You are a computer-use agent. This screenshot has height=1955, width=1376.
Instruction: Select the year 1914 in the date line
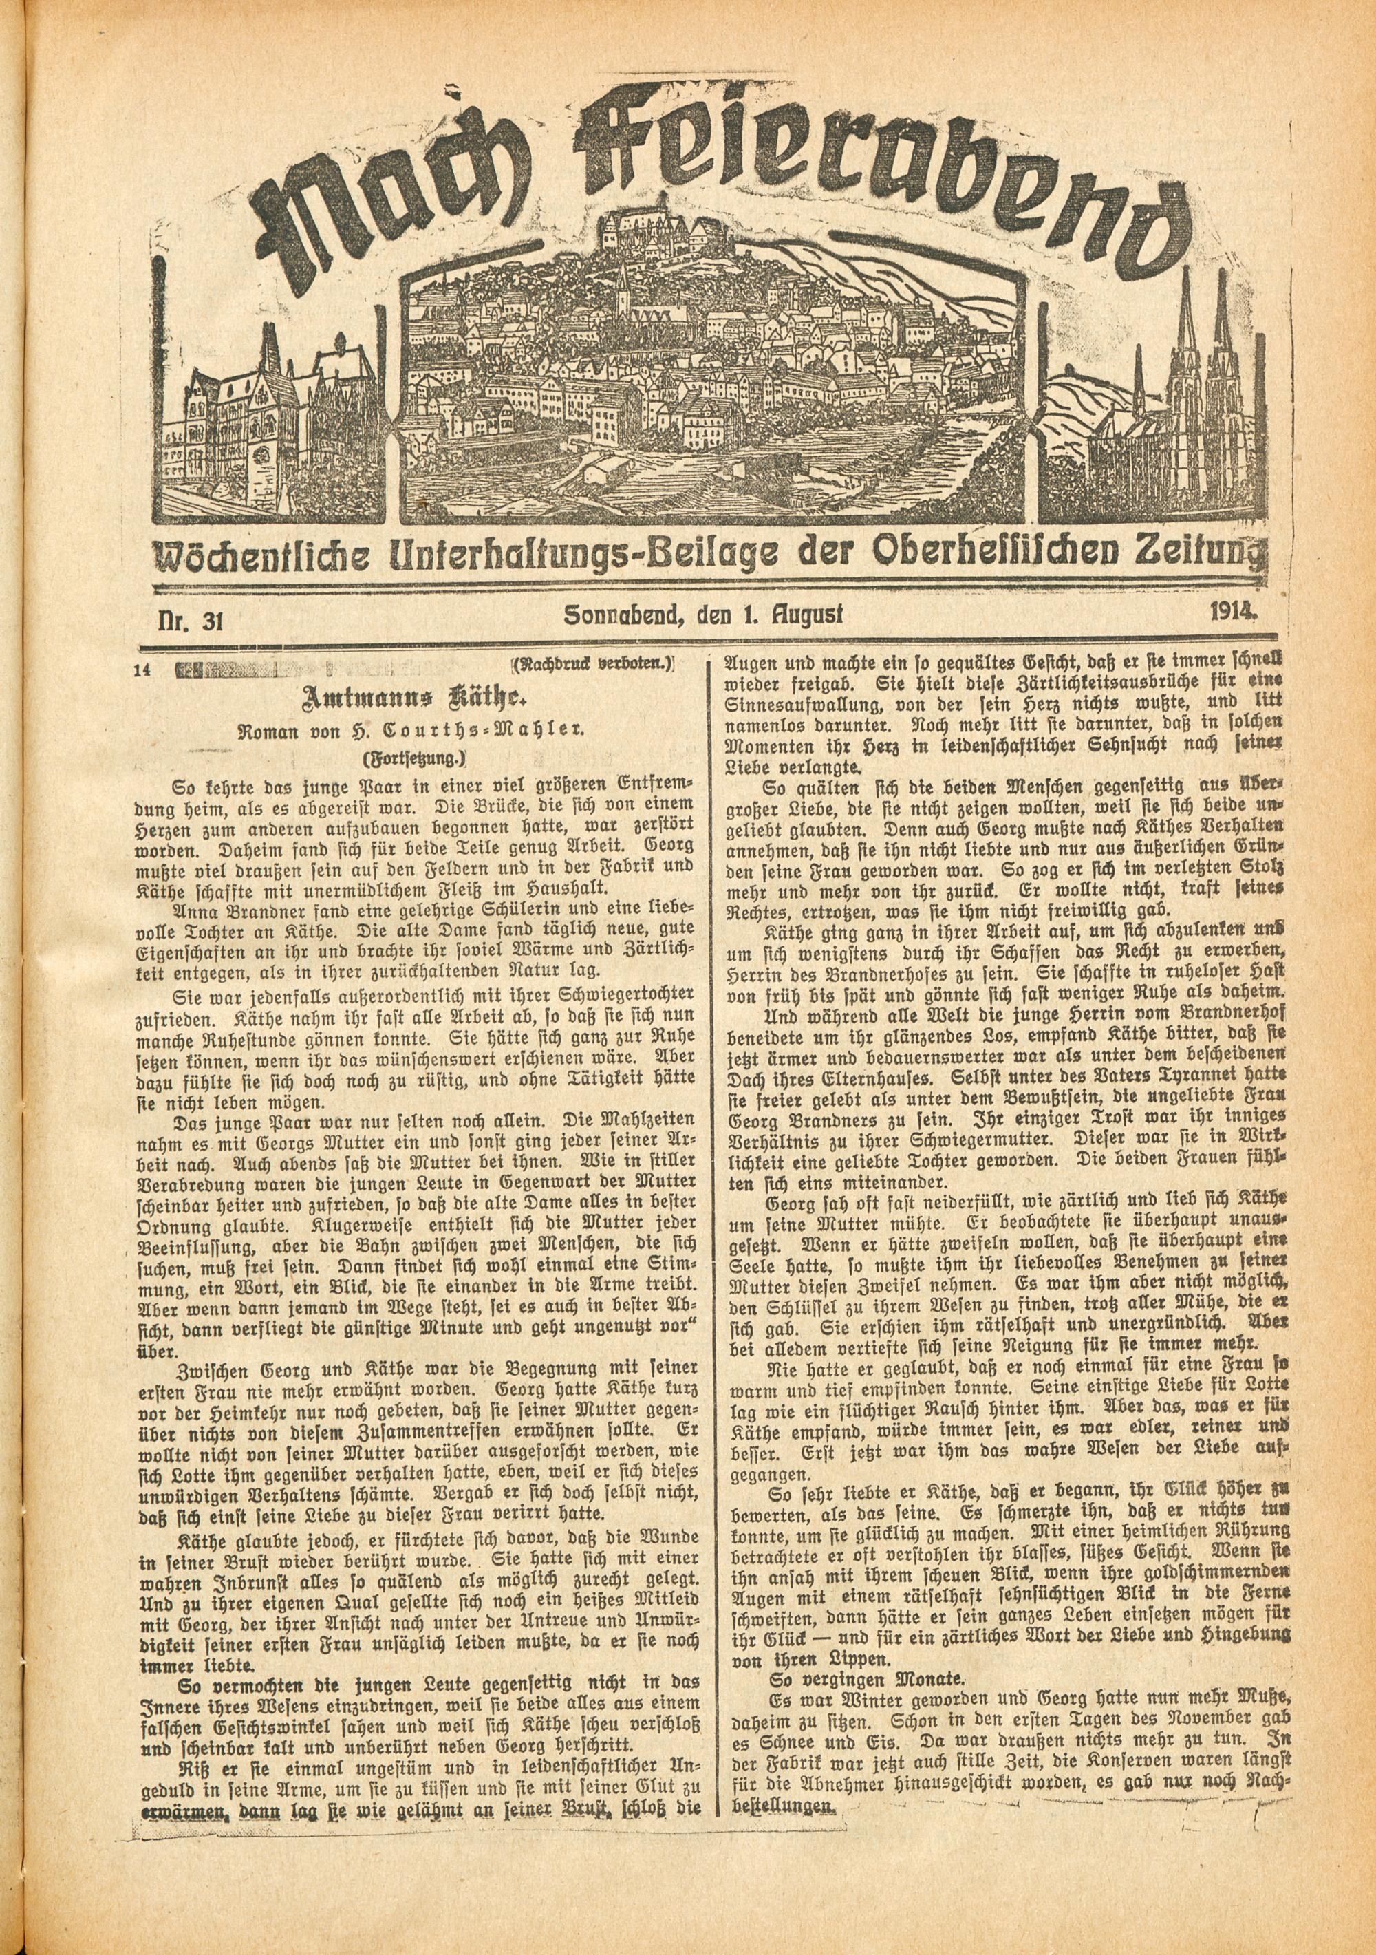coord(1232,611)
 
